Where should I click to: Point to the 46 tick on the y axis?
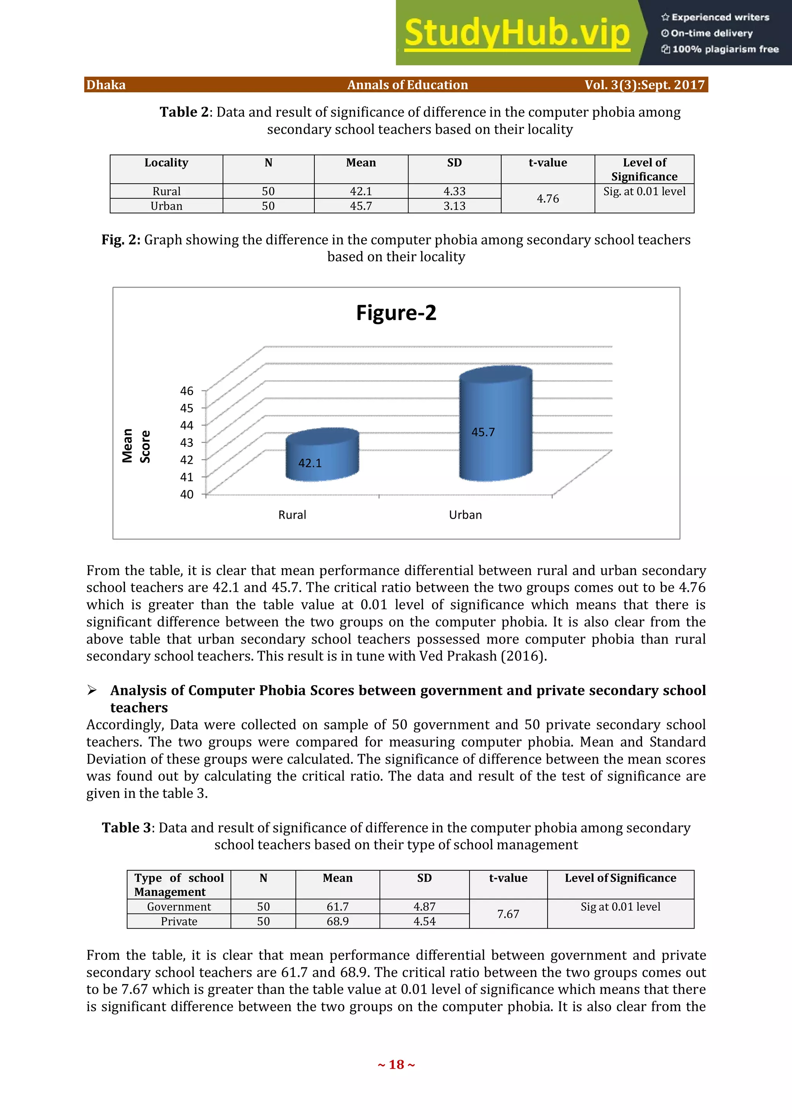(x=187, y=391)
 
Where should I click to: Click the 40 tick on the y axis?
(x=187, y=494)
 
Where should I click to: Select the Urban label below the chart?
(x=465, y=515)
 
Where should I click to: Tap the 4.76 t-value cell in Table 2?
(x=548, y=199)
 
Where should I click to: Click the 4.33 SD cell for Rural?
(x=454, y=191)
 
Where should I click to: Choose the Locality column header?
(x=166, y=163)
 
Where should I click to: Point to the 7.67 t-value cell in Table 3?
(x=508, y=914)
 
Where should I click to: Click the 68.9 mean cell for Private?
(x=337, y=921)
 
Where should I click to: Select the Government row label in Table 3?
(x=179, y=907)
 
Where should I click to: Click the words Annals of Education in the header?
(x=408, y=85)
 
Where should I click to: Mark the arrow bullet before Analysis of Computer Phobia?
(x=92, y=690)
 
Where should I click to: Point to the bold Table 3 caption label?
(x=127, y=828)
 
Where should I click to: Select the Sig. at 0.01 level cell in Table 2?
(x=644, y=191)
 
